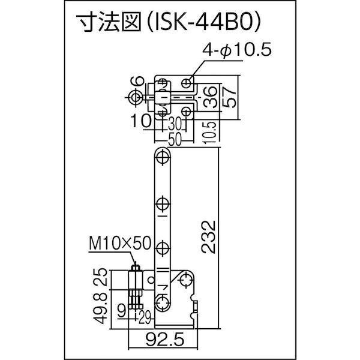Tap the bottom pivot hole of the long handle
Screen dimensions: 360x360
[x=161, y=299]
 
